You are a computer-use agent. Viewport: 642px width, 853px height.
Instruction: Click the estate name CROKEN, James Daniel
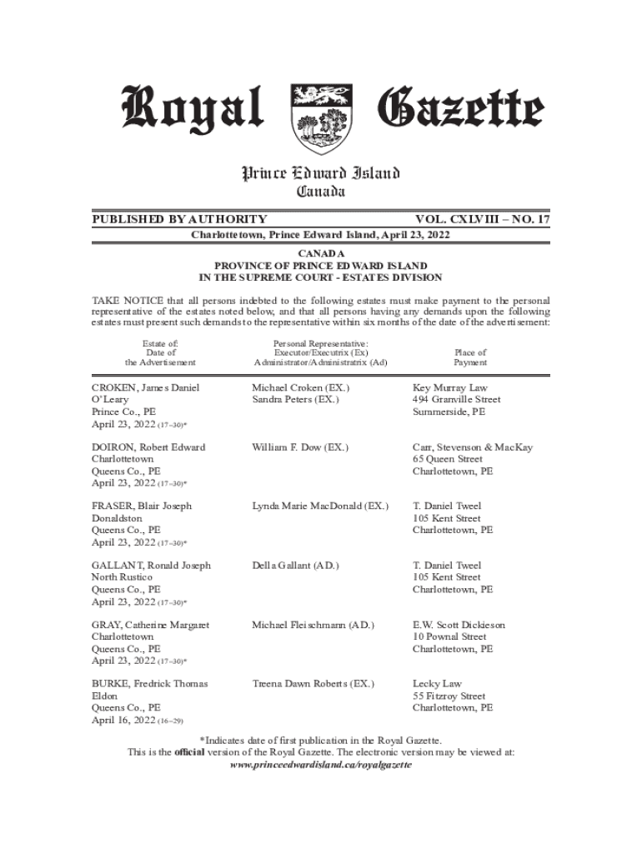tap(146, 388)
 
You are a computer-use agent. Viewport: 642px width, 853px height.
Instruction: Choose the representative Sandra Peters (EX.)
tap(295, 400)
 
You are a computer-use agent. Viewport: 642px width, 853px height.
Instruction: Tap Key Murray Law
tap(450, 388)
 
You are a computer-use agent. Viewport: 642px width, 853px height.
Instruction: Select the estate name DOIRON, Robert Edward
tap(148, 447)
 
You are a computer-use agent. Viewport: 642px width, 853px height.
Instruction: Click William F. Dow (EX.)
tap(300, 447)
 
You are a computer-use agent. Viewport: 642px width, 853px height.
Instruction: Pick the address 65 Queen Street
tap(447, 459)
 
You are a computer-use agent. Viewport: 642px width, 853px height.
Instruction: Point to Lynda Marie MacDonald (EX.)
tap(320, 506)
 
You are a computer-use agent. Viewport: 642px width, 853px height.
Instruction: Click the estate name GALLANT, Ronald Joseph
tap(151, 565)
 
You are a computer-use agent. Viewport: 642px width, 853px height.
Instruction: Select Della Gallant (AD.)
tap(295, 565)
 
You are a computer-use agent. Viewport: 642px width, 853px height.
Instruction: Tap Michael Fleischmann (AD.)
tap(313, 625)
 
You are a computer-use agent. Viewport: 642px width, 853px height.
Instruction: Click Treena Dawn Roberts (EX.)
tap(313, 683)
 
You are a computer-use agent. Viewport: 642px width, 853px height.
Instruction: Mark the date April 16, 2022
tap(123, 719)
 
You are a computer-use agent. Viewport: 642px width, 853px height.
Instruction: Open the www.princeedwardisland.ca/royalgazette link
tap(321, 764)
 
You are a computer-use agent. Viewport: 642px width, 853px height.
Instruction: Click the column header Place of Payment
tap(470, 357)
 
